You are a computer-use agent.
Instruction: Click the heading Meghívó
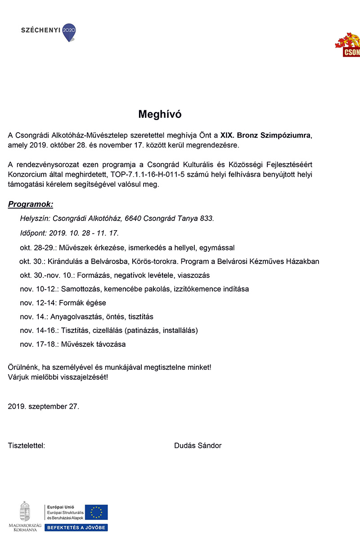pyautogui.click(x=160, y=114)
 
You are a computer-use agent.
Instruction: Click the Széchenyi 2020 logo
pyautogui.click(x=49, y=31)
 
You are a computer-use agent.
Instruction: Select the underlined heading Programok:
pyautogui.click(x=31, y=205)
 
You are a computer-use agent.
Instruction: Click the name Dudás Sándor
pyautogui.click(x=198, y=446)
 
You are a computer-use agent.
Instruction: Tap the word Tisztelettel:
pyautogui.click(x=27, y=446)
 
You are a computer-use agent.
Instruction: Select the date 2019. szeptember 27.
pyautogui.click(x=44, y=406)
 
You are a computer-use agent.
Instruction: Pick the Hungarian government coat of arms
pyautogui.click(x=25, y=511)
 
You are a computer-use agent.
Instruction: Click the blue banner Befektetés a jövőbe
pyautogui.click(x=76, y=527)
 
